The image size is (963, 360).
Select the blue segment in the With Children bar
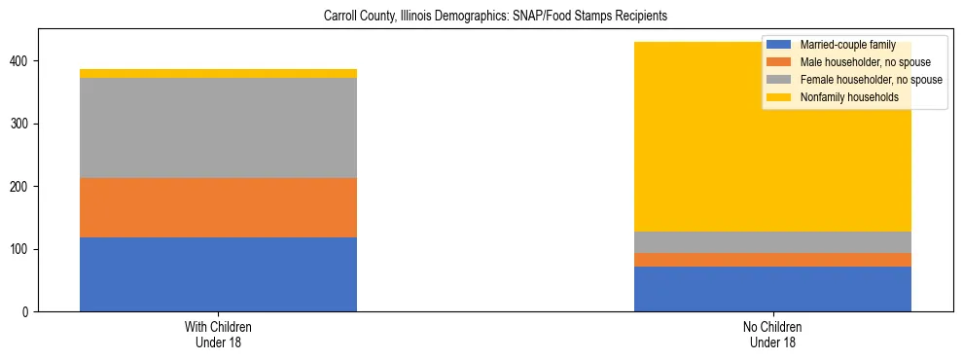click(218, 274)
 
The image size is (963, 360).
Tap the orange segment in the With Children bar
click(218, 207)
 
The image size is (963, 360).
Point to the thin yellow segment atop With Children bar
click(218, 73)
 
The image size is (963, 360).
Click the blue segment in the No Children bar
click(772, 289)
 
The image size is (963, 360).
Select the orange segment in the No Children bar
click(772, 260)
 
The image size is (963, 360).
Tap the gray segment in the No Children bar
click(772, 242)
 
